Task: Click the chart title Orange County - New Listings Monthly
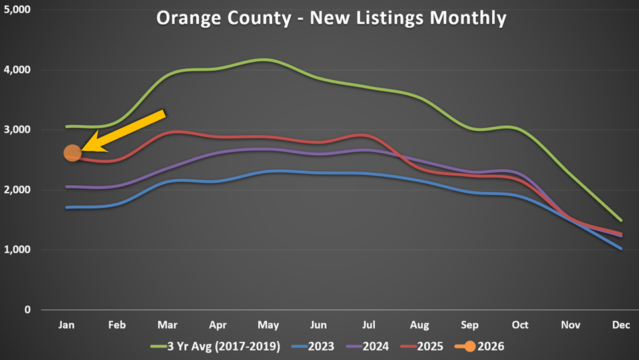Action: coord(331,18)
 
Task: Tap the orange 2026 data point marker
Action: coord(72,153)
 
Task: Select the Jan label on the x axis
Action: coord(67,325)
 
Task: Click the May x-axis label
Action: coord(268,325)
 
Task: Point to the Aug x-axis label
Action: coord(419,325)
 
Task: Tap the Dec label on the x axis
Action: coord(621,325)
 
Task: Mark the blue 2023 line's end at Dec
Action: coord(621,248)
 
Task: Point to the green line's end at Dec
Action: coord(621,220)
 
